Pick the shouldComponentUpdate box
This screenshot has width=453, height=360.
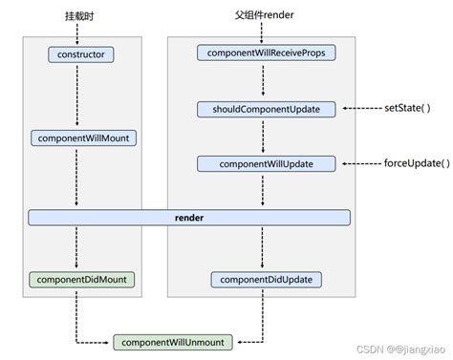click(x=267, y=109)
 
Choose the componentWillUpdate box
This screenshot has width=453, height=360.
click(x=267, y=164)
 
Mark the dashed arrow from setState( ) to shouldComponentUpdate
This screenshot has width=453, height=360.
click(x=361, y=109)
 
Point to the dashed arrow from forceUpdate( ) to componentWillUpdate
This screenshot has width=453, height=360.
click(x=361, y=164)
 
